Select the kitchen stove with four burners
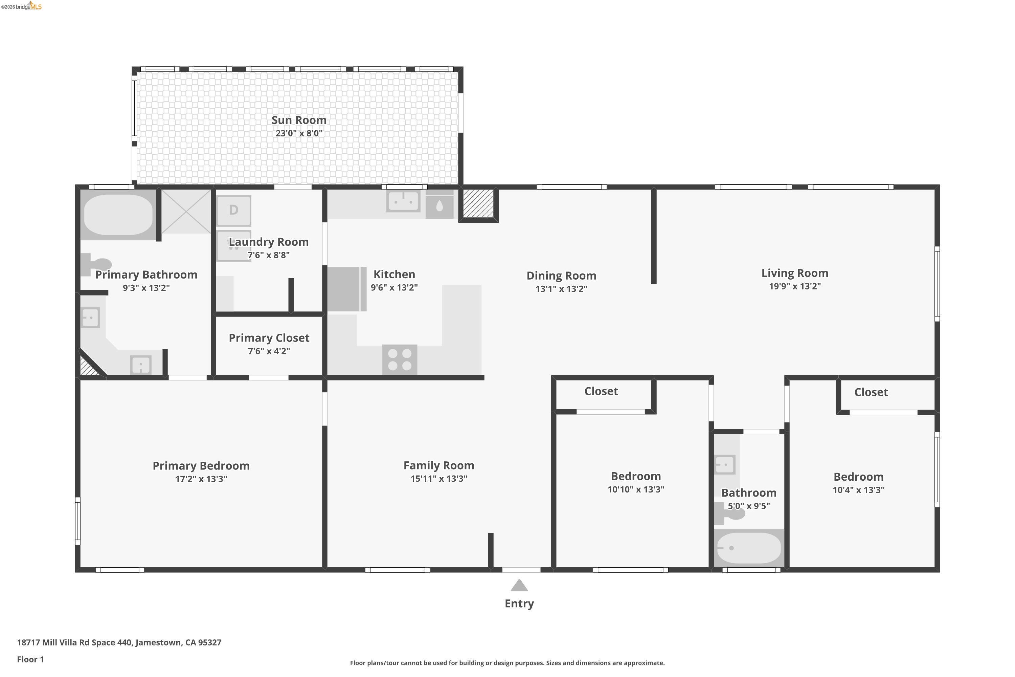400,359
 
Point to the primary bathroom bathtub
118,215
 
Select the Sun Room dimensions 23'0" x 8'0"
299,133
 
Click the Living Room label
794,273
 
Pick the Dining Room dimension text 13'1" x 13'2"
561,289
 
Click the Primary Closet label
269,337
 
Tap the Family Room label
438,465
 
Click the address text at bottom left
119,642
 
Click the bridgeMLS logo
22,6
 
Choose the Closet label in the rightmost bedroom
871,392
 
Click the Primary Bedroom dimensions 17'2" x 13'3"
201,479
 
